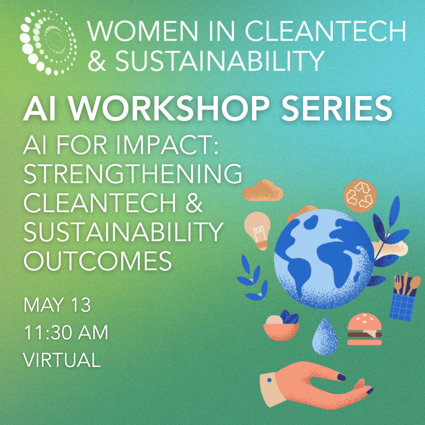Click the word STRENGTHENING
(x=133, y=173)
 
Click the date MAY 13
(x=57, y=305)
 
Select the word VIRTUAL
(x=62, y=360)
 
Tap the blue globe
(x=324, y=259)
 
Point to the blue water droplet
(x=325, y=336)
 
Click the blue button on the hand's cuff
(x=269, y=380)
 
